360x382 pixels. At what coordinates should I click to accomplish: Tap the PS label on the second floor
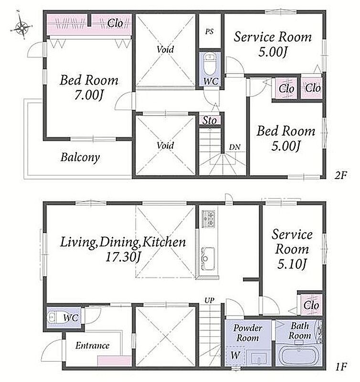(209, 32)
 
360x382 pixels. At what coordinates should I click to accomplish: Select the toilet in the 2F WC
(209, 64)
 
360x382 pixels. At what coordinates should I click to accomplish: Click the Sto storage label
(210, 120)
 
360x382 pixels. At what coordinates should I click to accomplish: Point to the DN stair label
(234, 147)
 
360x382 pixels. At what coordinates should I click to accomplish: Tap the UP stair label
(209, 300)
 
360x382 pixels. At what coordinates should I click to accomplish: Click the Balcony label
(80, 158)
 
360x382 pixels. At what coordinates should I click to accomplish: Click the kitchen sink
(208, 258)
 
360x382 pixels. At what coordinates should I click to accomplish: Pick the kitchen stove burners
(209, 219)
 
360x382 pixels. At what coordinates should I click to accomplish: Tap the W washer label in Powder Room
(235, 355)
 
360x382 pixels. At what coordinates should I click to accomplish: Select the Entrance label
(92, 345)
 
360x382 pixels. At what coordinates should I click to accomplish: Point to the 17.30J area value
(123, 257)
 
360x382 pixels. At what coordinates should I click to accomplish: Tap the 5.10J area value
(292, 264)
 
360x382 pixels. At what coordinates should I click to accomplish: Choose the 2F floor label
(340, 175)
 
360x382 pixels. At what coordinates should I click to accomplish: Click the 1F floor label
(341, 367)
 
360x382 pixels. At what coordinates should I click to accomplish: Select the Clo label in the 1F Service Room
(311, 305)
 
